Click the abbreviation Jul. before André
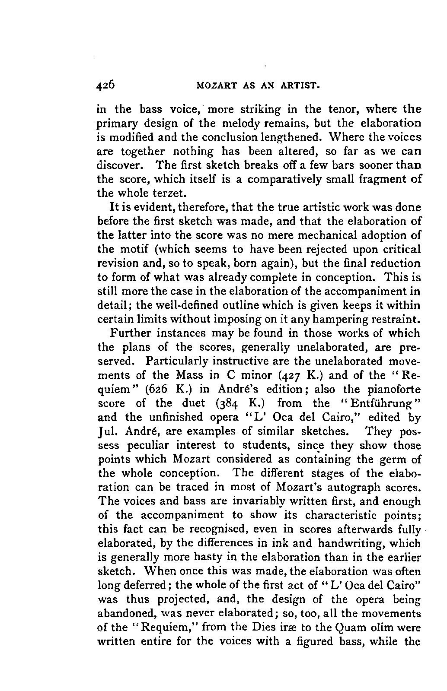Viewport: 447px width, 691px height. pyautogui.click(x=107, y=431)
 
